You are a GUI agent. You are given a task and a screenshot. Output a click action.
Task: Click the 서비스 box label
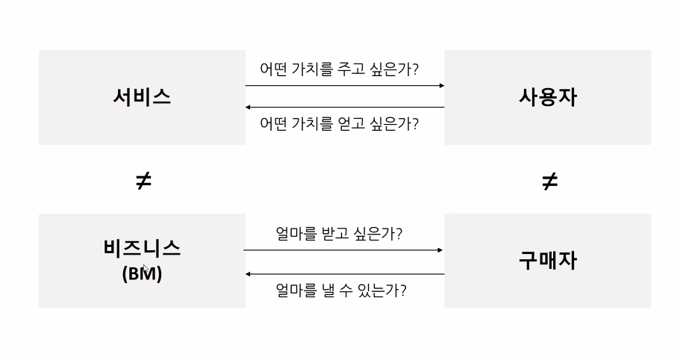point(142,97)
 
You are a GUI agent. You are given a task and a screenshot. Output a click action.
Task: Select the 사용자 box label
point(548,97)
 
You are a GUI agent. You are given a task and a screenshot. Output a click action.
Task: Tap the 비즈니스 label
point(142,248)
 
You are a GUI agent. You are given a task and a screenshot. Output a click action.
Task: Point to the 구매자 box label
point(548,260)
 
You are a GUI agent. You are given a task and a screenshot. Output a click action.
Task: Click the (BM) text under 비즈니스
point(142,273)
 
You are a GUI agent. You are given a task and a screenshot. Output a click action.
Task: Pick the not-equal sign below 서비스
point(143,181)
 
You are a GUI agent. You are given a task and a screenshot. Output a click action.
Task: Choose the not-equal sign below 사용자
point(549,181)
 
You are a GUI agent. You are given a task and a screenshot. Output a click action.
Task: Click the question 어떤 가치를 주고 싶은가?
point(339,69)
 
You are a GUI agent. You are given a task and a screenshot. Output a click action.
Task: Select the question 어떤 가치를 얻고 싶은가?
point(339,123)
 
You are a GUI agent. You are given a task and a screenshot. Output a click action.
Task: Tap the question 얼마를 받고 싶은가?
point(339,234)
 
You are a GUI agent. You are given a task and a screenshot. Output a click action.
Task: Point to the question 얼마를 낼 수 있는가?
point(340,290)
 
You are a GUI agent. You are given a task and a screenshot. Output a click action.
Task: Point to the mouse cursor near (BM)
point(146,270)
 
